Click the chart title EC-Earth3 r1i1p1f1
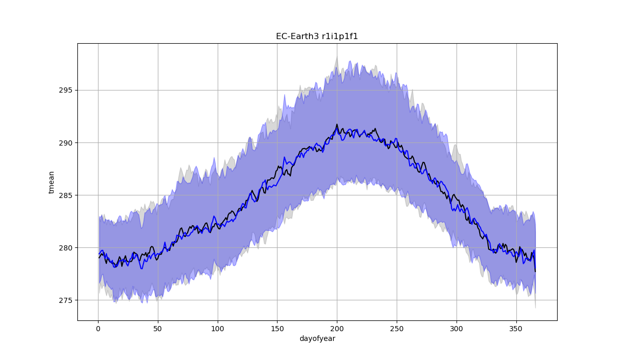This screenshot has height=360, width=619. (x=317, y=36)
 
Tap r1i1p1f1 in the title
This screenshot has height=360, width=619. (x=340, y=36)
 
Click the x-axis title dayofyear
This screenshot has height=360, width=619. (x=317, y=339)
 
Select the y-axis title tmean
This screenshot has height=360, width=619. (x=51, y=182)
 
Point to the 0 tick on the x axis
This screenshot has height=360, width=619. (x=98, y=329)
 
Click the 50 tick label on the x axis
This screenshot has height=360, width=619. (x=158, y=329)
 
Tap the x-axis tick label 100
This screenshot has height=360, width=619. (x=218, y=329)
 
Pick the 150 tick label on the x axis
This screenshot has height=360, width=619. (x=277, y=329)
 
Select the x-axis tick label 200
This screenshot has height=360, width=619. (x=337, y=329)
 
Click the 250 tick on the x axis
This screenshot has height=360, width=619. (x=397, y=329)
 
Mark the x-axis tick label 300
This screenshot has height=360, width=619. (x=456, y=329)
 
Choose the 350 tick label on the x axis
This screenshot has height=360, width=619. (x=516, y=329)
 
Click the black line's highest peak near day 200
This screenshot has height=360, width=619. (x=337, y=125)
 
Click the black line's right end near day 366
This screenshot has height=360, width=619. (x=535, y=271)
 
